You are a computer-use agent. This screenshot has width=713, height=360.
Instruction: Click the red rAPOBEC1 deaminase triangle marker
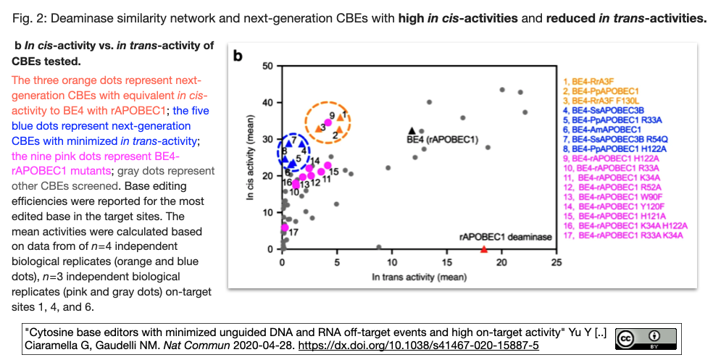484,248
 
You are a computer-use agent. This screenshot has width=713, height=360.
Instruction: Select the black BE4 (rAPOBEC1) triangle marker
413,130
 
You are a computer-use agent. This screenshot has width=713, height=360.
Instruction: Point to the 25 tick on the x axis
556,263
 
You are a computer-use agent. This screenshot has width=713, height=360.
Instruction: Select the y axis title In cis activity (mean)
251,157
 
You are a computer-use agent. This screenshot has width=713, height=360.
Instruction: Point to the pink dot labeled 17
285,227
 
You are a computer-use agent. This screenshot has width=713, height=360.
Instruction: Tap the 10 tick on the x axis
391,263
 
